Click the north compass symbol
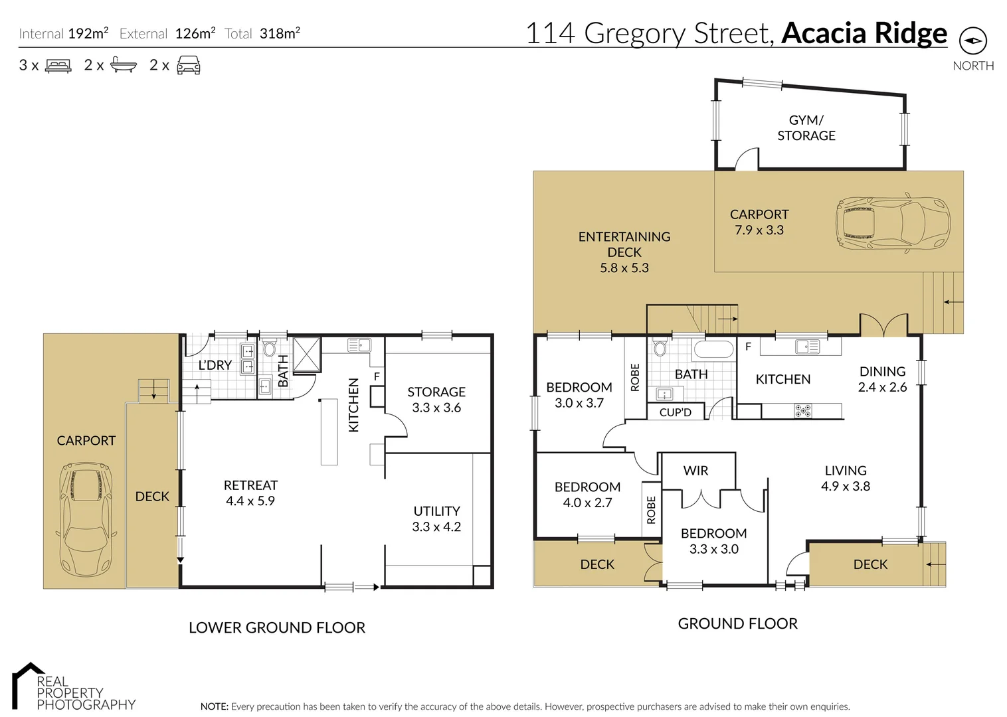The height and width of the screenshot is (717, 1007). [972, 40]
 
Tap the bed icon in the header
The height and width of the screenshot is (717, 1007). [58, 66]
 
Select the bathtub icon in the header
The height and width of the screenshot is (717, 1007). [123, 65]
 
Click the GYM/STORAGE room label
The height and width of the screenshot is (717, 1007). [806, 127]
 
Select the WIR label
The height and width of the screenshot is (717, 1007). [695, 471]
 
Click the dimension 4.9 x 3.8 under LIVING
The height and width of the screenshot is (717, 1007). [845, 486]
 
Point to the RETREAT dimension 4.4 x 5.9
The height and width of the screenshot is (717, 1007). [250, 501]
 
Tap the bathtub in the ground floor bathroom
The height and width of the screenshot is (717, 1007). [713, 349]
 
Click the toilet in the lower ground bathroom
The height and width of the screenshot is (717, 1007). [270, 349]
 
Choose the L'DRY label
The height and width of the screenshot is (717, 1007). [215, 365]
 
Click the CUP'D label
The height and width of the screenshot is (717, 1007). [675, 412]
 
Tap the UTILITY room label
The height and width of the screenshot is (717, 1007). [436, 511]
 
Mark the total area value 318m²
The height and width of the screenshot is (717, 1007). [280, 33]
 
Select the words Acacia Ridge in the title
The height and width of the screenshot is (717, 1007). [864, 33]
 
